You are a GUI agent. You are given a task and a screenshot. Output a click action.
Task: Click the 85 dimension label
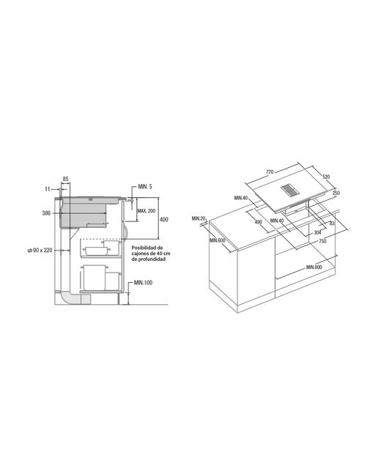65,179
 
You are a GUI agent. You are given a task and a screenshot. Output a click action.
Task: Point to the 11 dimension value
47,189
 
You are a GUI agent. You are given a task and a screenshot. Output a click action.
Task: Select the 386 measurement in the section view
47,213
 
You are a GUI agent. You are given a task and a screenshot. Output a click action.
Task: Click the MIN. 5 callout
145,187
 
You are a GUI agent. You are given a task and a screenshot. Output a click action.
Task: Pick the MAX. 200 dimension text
147,211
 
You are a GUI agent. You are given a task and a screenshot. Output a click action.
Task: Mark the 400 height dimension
164,220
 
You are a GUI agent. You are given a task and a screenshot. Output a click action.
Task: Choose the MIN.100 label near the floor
144,282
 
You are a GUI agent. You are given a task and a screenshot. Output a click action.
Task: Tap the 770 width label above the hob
270,172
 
